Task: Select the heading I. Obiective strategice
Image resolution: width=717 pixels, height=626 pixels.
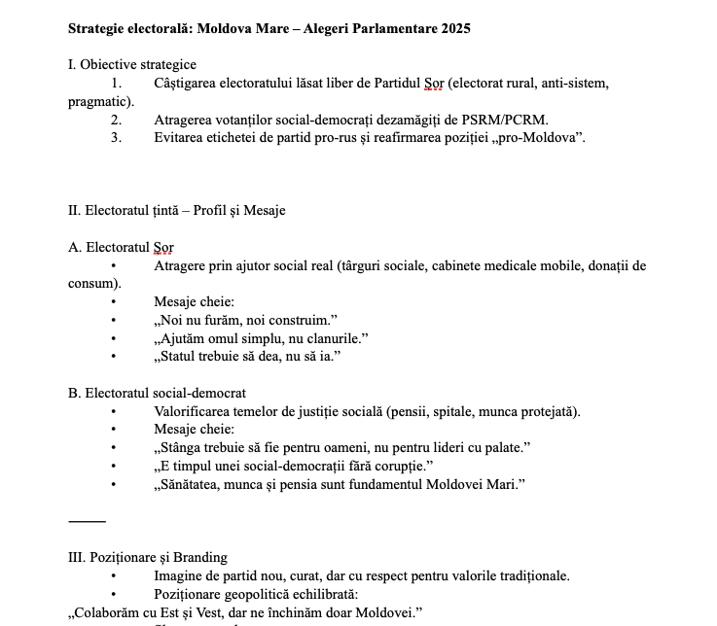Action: (132, 65)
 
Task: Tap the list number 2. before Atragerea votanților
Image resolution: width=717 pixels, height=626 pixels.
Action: (116, 120)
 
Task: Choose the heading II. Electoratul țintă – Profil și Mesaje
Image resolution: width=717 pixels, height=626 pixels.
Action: (176, 210)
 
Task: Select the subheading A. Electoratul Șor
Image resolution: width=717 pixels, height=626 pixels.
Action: (121, 247)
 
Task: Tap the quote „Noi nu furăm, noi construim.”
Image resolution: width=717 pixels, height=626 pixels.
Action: (245, 320)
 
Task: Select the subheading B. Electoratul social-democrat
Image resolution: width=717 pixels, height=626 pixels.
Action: (157, 393)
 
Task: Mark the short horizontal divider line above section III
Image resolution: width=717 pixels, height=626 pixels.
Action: (87, 521)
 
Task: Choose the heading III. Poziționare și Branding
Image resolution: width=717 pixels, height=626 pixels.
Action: (147, 557)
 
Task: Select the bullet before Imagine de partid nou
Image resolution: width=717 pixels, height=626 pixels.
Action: (114, 575)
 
